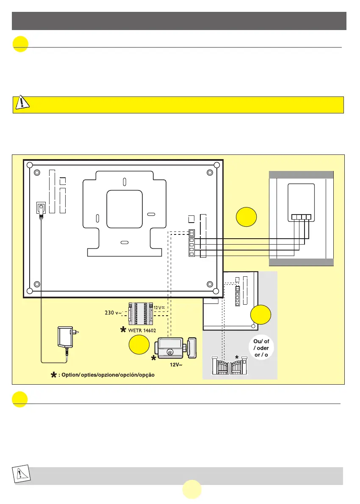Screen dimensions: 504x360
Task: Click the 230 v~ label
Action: click(114, 314)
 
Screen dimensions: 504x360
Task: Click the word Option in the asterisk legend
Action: click(71, 375)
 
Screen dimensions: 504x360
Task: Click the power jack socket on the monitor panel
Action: click(41, 209)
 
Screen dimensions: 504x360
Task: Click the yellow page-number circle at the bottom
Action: click(192, 489)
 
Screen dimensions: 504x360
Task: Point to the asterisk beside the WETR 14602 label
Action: click(123, 329)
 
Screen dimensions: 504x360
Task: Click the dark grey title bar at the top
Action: click(180, 21)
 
